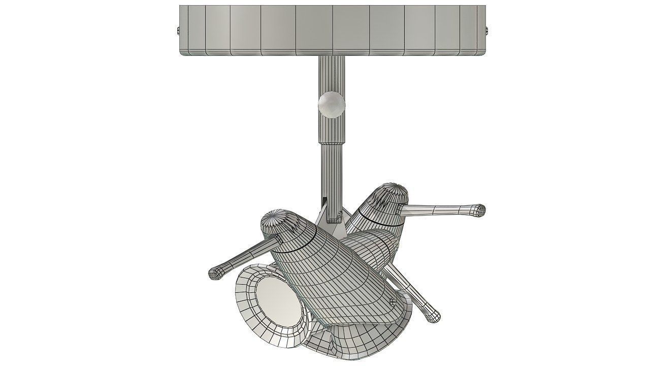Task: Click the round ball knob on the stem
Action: [331, 104]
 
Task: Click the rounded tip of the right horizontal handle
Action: [479, 209]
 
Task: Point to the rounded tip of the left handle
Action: [215, 273]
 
